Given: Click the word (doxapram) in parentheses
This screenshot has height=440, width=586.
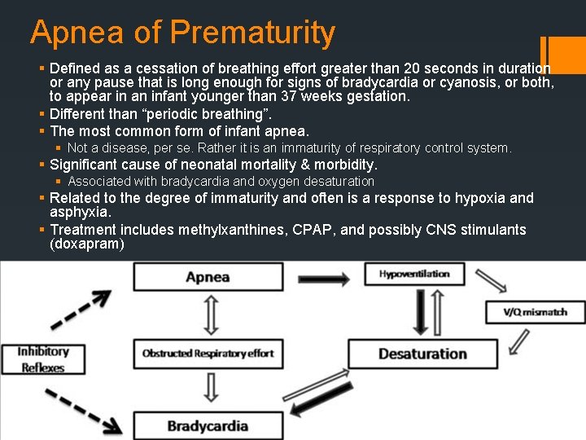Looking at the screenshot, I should tap(87, 244).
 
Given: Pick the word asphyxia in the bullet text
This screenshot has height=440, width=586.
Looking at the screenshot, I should tap(80, 212).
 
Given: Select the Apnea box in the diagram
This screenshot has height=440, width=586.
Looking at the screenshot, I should tap(208, 277).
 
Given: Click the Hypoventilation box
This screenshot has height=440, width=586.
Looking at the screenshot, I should tap(413, 275).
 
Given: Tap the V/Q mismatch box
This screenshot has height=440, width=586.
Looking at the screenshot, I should tap(536, 312).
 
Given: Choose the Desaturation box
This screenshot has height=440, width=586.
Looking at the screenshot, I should tap(422, 354).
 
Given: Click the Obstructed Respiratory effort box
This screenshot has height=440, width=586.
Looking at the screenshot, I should tap(208, 354).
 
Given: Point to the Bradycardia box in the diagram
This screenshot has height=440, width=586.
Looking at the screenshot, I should tap(208, 425).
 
